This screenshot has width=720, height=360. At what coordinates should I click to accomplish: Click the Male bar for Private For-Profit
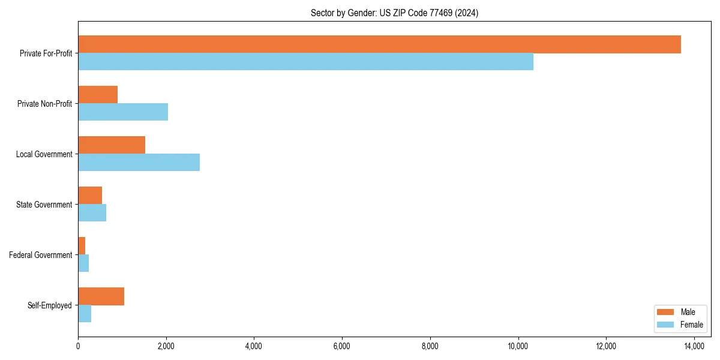click(379, 44)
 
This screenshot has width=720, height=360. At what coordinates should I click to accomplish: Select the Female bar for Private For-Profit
click(305, 62)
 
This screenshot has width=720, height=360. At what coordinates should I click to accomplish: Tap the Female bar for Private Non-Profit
click(123, 112)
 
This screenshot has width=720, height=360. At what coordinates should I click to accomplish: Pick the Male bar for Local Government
click(112, 145)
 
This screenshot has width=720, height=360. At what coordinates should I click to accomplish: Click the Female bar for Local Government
click(139, 163)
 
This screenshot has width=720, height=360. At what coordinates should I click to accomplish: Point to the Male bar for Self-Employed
click(101, 296)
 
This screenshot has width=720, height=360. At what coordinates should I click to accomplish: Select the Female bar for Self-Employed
click(85, 314)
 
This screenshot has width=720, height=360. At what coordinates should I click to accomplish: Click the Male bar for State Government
click(90, 196)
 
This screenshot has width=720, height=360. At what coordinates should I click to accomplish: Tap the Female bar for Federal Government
click(83, 263)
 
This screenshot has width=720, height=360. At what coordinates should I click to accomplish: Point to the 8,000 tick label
click(430, 346)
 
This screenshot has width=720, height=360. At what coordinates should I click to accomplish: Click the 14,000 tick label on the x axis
click(694, 346)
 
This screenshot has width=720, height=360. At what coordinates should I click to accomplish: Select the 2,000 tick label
click(166, 346)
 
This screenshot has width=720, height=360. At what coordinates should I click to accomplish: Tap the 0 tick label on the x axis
click(78, 346)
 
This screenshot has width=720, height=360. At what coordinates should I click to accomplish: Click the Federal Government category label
click(41, 255)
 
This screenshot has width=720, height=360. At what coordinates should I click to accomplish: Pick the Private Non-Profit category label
click(45, 104)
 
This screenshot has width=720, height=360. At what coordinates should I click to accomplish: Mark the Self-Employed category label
click(50, 305)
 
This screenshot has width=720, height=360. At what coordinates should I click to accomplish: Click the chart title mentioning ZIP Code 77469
click(394, 13)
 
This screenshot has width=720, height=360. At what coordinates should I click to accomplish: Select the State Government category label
click(44, 205)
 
